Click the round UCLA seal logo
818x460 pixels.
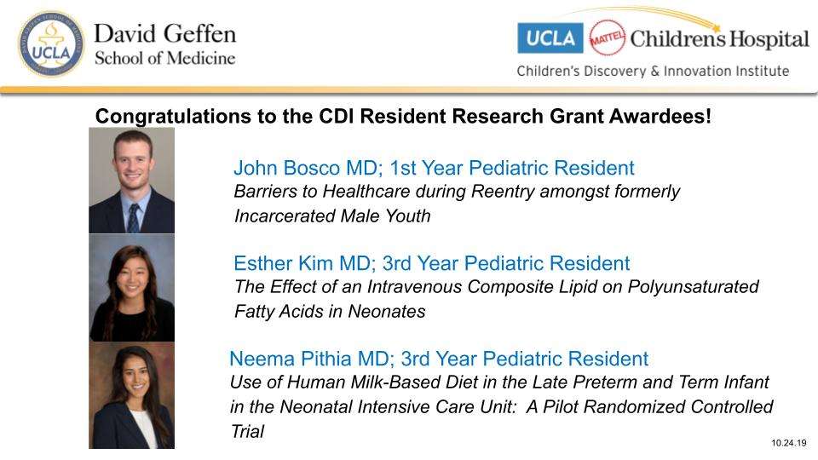click(x=51, y=44)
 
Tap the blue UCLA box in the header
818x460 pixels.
click(x=550, y=38)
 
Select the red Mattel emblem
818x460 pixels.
click(x=607, y=37)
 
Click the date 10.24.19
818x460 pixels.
click(x=789, y=443)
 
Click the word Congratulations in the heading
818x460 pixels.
click(x=173, y=117)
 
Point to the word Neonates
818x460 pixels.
click(x=387, y=312)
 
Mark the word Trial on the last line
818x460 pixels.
click(x=247, y=432)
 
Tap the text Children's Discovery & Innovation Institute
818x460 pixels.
click(x=653, y=71)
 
